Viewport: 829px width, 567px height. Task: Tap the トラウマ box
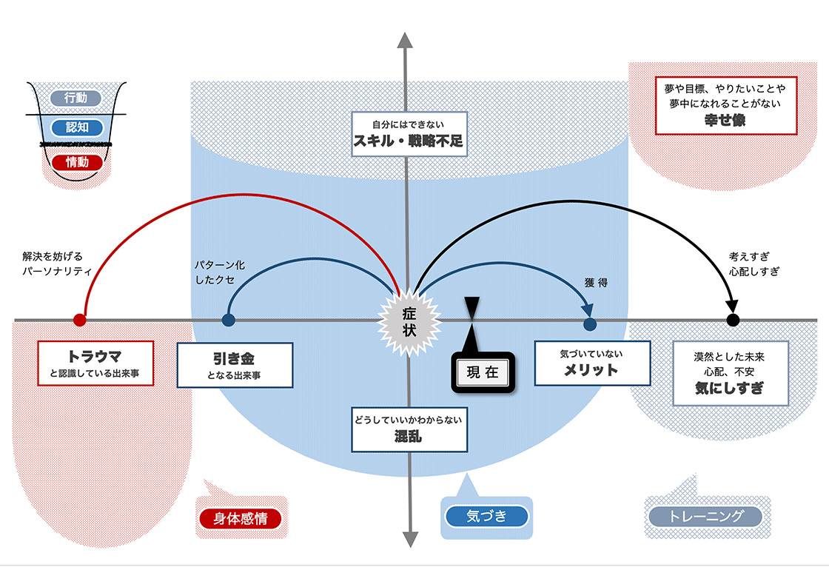click(95, 363)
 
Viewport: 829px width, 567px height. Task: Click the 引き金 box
click(235, 365)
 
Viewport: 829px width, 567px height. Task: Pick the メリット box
click(591, 363)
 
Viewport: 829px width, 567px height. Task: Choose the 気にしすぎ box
click(730, 373)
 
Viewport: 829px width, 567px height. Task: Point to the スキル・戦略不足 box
click(408, 134)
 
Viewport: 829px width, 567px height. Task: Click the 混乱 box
click(409, 429)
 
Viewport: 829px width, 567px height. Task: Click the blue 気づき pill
click(486, 516)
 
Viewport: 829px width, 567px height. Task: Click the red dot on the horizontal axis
click(80, 321)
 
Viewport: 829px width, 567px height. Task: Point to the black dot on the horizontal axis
click(733, 321)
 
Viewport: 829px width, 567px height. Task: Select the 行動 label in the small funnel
click(75, 97)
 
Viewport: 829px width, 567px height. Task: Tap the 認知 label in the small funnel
click(76, 127)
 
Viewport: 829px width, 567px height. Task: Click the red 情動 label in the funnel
click(76, 162)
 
